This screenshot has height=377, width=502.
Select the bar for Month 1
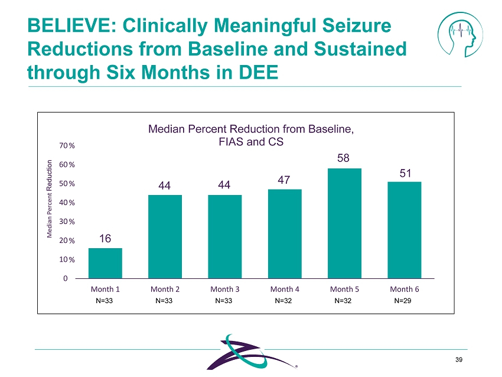[x=105, y=263]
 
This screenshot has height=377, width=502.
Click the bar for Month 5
[x=344, y=223]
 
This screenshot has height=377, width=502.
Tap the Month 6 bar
[x=404, y=230]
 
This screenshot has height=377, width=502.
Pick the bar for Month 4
[x=285, y=233]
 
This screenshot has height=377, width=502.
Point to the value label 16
[x=105, y=239]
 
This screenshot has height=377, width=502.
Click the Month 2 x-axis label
[x=165, y=290]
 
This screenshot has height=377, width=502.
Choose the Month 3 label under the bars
[x=224, y=290]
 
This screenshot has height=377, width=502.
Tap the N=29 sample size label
[x=403, y=301]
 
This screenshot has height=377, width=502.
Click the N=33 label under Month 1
[x=105, y=301]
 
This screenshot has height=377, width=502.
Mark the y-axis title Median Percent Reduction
[x=50, y=199]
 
